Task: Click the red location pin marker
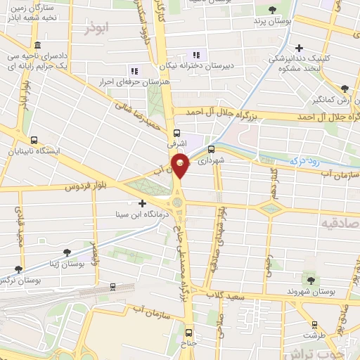click(x=181, y=167)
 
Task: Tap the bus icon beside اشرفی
click(x=176, y=131)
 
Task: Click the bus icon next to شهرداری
click(x=210, y=149)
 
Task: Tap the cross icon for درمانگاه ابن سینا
click(x=143, y=203)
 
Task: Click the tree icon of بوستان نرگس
click(x=18, y=269)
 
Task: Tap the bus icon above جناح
click(x=187, y=333)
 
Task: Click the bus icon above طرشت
click(x=314, y=326)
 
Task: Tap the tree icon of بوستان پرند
click(x=272, y=10)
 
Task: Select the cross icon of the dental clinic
click(x=300, y=48)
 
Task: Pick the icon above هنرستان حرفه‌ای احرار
click(x=134, y=70)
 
